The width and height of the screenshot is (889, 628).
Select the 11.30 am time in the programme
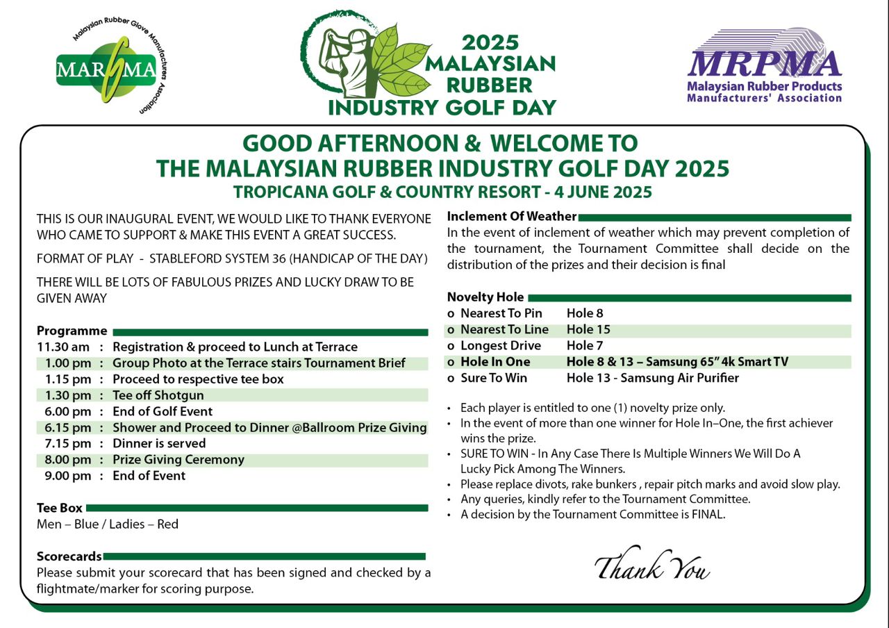[63, 347]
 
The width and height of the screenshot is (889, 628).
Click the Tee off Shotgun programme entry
[158, 395]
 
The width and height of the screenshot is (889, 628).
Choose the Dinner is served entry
[159, 443]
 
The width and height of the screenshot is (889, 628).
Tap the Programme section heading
[72, 331]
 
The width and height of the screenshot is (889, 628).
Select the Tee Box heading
[60, 508]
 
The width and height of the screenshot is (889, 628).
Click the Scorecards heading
[69, 556]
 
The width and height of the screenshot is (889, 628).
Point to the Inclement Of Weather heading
[512, 216]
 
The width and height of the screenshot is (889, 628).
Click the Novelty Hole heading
[485, 297]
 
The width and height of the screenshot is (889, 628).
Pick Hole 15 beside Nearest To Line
[588, 330]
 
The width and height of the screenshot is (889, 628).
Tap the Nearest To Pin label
[501, 314]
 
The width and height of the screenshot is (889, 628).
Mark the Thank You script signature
[652, 566]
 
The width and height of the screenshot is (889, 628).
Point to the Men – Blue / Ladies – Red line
[108, 524]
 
